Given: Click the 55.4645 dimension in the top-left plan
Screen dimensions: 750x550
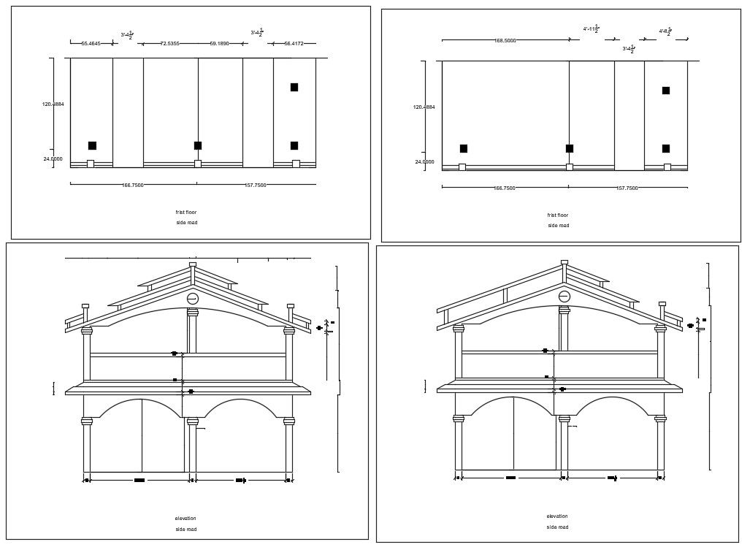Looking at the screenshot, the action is pos(91,44).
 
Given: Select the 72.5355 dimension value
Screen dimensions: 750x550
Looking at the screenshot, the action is pos(169,44).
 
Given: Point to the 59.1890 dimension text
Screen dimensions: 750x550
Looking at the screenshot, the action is pos(219,44).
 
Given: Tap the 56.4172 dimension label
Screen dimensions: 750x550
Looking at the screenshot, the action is pos(294,44).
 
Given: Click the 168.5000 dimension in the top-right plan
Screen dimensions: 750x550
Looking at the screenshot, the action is pos(505,41).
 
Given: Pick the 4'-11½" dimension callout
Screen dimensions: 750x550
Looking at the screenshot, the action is pos(592,29).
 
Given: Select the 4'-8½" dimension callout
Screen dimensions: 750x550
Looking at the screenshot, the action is pos(665,31).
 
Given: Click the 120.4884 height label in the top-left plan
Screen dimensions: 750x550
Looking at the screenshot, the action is pos(53,104).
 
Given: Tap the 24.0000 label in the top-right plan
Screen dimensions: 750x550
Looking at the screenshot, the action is pos(424,162).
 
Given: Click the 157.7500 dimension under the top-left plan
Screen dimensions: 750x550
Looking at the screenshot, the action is pos(255,186).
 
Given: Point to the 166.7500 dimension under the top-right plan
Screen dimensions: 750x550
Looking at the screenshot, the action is pos(504,188).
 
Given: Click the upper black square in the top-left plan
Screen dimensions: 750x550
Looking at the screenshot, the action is pos(294,88).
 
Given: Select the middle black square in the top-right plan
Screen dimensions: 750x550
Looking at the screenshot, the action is pos(570,148).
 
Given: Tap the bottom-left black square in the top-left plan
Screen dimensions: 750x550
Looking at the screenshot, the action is pos(92,145).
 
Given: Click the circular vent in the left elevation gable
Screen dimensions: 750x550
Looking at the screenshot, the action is pos(193,298).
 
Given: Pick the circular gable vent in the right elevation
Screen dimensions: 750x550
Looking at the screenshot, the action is pos(565,296).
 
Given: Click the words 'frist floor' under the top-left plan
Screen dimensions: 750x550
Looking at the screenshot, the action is pos(186,213).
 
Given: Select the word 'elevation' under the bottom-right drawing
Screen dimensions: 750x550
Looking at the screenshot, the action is pos(557,516).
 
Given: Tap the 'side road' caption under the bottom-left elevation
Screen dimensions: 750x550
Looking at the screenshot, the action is pos(186,529).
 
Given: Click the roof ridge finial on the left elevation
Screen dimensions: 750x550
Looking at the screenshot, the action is pos(193,264).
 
